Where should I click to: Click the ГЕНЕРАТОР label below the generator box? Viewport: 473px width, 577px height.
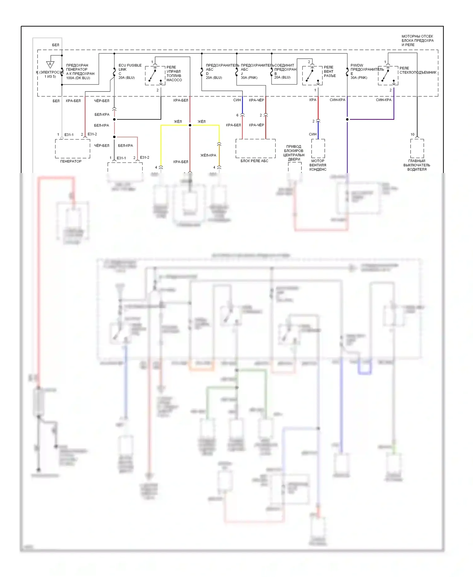(71, 161)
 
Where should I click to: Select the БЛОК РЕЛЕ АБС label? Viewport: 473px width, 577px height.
(254, 161)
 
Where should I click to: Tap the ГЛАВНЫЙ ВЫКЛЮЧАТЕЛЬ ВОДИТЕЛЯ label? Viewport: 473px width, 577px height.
(417, 165)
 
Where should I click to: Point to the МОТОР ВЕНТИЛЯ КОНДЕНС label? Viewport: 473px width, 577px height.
(318, 165)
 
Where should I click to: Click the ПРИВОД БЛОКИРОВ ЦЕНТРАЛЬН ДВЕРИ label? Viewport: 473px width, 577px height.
(294, 153)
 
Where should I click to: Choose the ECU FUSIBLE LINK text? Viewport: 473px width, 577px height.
(130, 67)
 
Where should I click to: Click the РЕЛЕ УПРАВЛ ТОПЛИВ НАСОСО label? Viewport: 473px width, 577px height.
(174, 74)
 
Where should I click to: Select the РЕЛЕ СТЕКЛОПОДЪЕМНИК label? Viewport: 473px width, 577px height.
(418, 70)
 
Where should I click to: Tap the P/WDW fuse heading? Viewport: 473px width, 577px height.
(357, 65)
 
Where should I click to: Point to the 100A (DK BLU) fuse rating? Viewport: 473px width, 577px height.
(78, 78)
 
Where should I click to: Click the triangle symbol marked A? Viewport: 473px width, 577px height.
(50, 64)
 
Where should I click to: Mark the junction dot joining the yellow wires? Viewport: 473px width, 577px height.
(190, 125)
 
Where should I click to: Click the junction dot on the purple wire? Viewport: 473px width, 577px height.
(347, 119)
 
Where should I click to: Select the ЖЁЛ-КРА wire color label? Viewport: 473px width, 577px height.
(208, 155)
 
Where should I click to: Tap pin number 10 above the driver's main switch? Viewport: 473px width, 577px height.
(412, 134)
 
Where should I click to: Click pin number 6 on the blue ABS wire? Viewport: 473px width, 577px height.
(237, 115)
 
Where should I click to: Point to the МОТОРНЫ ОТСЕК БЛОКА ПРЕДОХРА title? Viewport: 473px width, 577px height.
(417, 40)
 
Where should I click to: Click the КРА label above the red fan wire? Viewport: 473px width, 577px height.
(312, 100)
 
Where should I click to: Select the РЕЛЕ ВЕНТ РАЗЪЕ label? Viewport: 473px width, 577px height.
(330, 72)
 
